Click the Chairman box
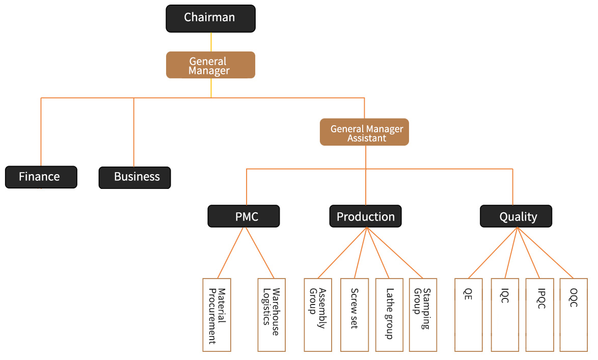(210, 18)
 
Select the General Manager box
(210, 65)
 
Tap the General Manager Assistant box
(364, 132)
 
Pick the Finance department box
(41, 177)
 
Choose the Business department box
(134, 177)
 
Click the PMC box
(243, 216)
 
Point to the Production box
(365, 216)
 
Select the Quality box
(516, 216)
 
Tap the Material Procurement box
(216, 315)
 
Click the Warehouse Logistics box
(271, 315)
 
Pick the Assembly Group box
(318, 315)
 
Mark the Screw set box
(354, 315)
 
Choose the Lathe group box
(390, 315)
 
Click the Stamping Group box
(423, 315)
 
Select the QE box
(468, 315)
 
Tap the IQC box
(505, 315)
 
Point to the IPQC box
(539, 315)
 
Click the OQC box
(574, 315)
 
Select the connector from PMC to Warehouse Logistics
(260, 253)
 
